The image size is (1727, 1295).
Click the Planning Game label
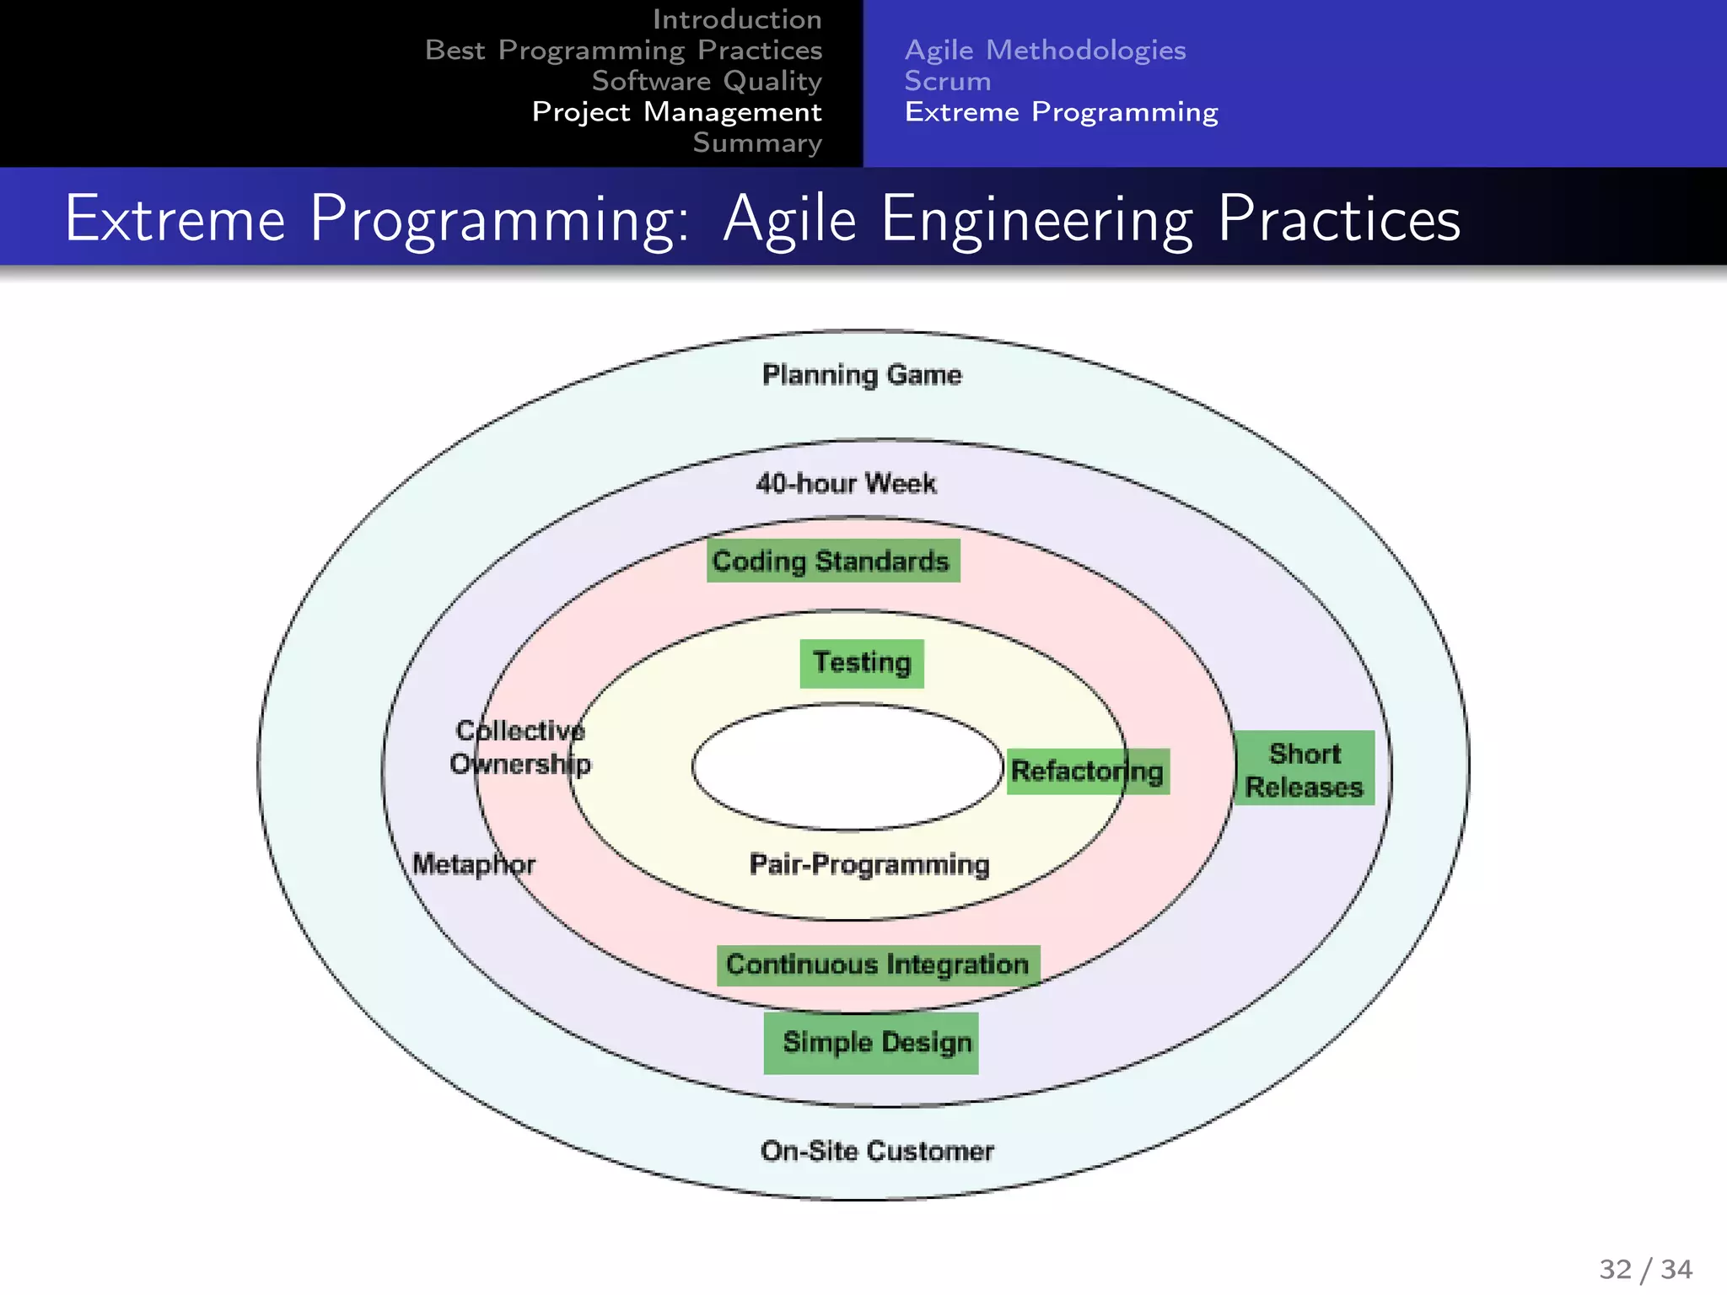pos(861,374)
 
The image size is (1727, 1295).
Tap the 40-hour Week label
pos(846,483)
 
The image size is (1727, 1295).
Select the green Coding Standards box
pos(832,561)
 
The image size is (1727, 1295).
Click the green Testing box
pos(861,664)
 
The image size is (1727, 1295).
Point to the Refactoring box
pos(1088,771)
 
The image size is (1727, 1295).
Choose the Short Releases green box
pos(1304,769)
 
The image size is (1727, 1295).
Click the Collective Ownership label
pos(520,747)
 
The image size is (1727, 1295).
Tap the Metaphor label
pos(473,864)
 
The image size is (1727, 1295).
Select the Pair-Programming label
pos(869,864)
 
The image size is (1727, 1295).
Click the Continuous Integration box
pos(877,965)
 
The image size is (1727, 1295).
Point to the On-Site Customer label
pos(877,1151)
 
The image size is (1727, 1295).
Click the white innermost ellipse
pos(847,766)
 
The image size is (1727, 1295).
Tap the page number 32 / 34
pos(1645,1269)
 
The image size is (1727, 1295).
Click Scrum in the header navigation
pos(947,81)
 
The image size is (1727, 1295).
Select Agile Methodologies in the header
pos(1045,50)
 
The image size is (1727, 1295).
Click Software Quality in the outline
pos(706,81)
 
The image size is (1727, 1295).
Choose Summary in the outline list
pos(756,142)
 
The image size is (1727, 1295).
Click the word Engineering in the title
pos(1036,219)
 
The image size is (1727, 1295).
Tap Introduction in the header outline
pos(736,19)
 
